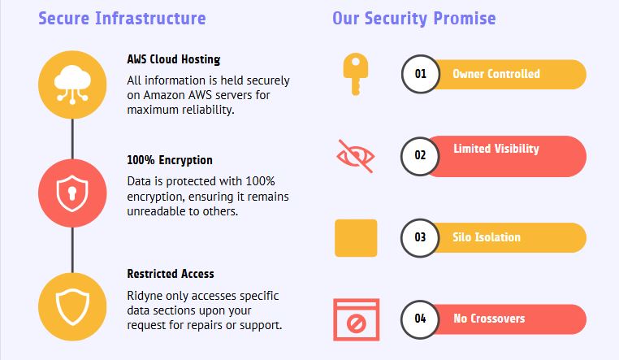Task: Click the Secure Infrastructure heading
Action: [122, 18]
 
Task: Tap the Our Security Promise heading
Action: [414, 18]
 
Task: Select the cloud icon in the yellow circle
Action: [72, 85]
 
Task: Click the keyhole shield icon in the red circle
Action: [72, 193]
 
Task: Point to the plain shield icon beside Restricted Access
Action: [72, 306]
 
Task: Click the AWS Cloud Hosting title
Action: [174, 59]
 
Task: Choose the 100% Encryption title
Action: [170, 160]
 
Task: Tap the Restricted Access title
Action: [171, 274]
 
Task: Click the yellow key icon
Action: [355, 74]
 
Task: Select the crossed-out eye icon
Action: [355, 156]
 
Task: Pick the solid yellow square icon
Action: [356, 238]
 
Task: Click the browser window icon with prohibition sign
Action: [356, 319]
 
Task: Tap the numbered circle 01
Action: [421, 74]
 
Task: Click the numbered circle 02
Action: [420, 156]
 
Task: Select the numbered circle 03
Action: [420, 237]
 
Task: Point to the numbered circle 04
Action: [420, 319]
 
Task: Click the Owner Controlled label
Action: [496, 74]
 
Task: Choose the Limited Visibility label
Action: [496, 149]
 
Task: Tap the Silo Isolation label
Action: [487, 237]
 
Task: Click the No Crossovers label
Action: [489, 319]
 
